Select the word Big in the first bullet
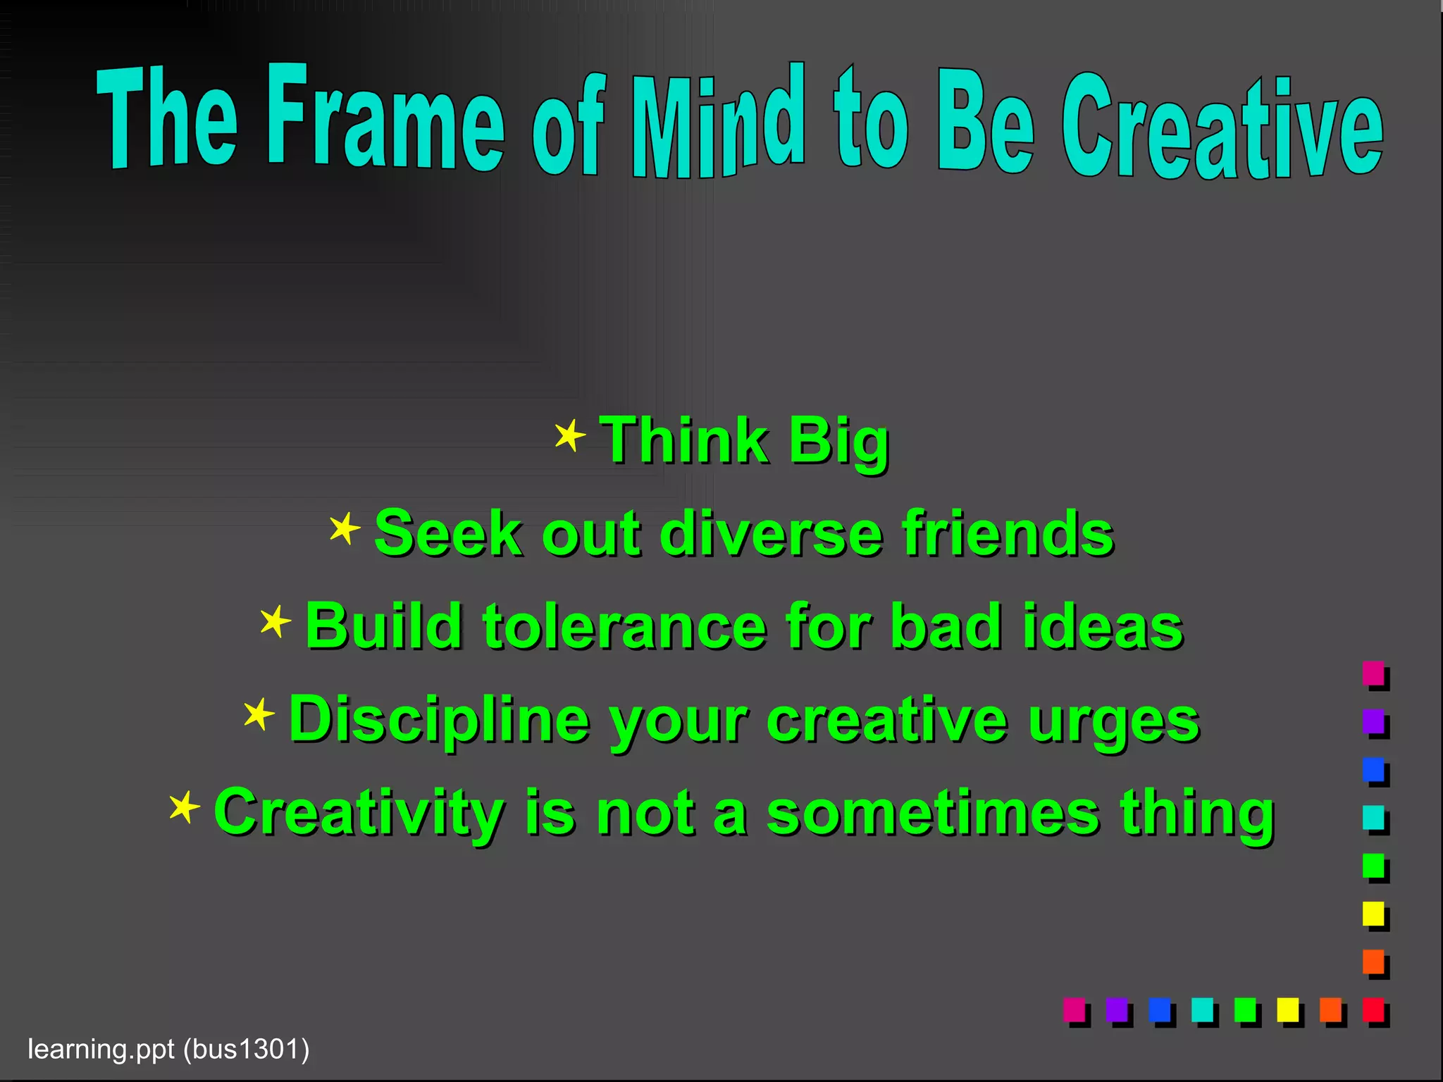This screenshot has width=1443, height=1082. click(838, 441)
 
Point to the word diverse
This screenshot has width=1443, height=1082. click(771, 533)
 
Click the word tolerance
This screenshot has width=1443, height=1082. click(624, 626)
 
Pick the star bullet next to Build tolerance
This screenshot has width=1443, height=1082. click(275, 621)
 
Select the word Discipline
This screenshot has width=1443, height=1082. click(439, 719)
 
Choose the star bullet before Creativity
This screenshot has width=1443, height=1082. click(185, 807)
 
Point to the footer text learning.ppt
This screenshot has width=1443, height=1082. click(101, 1049)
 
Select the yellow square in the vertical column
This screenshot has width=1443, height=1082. click(1373, 914)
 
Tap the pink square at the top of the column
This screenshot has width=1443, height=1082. click(1373, 673)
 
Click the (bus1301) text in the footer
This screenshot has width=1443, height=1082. click(246, 1049)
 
